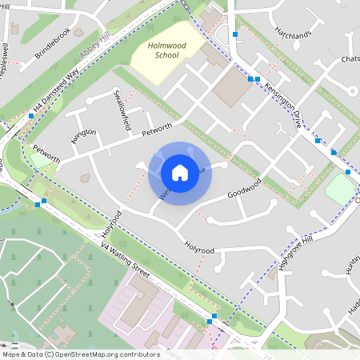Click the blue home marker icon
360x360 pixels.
click(180, 172)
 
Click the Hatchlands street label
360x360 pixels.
click(293, 35)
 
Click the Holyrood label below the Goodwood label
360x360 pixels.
click(199, 248)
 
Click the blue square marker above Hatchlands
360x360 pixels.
click(235, 35)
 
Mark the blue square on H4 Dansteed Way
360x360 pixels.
click(31, 116)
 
